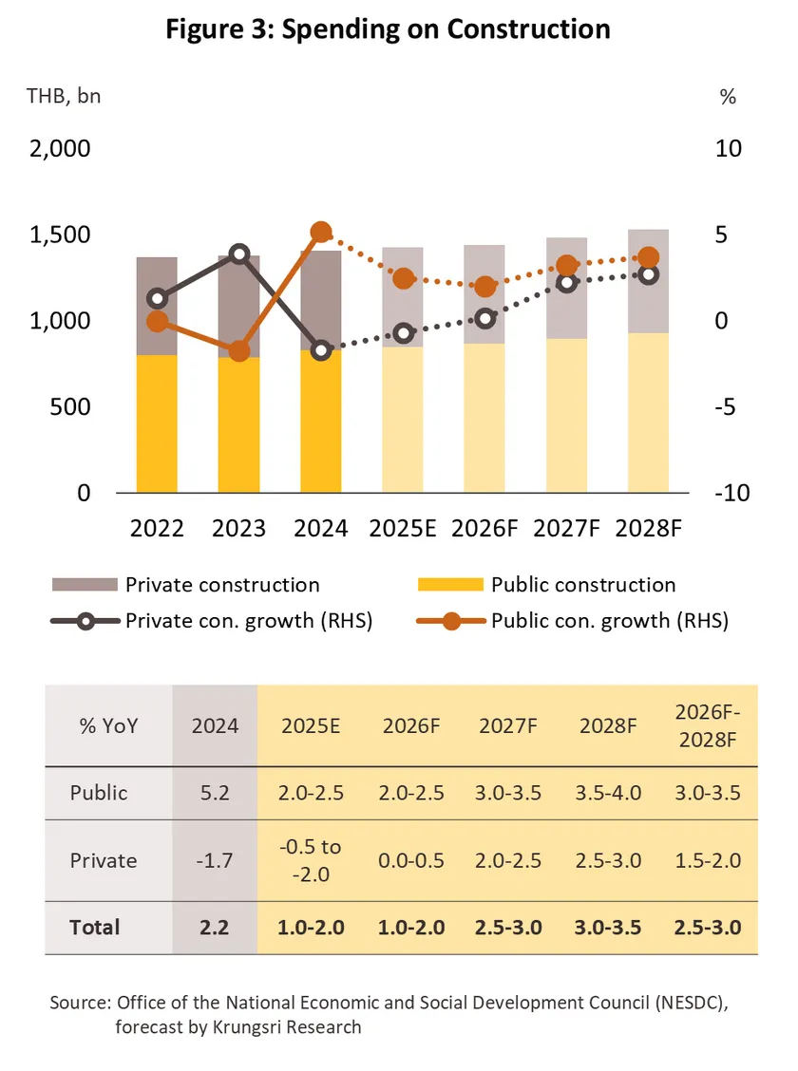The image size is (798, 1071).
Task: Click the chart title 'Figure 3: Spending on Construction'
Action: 388,29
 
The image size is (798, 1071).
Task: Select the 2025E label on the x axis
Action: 402,528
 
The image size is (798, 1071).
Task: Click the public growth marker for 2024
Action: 321,233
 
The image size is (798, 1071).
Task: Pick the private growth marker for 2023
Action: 239,254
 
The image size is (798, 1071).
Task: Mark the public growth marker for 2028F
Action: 648,257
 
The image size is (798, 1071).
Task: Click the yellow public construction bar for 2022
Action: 158,423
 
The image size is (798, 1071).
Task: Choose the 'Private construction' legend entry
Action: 221,585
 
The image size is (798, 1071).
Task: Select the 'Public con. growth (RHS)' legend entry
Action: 609,622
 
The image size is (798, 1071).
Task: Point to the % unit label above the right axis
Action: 728,96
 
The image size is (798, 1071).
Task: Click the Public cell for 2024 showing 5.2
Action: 216,793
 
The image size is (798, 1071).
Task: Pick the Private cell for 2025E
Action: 309,860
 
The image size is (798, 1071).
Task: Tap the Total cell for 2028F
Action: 607,928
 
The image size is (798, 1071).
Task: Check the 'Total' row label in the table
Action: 95,928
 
